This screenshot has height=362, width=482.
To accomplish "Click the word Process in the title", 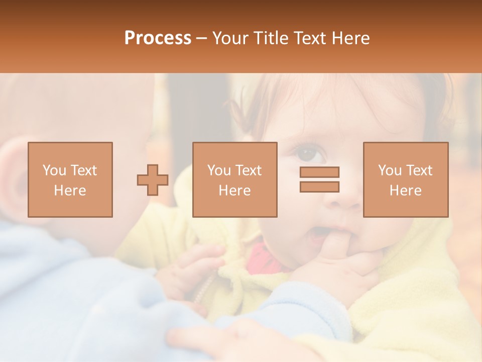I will click(x=158, y=38).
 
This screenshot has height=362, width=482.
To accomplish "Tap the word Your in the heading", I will click(x=231, y=38).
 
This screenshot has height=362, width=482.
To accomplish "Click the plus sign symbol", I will click(x=153, y=180).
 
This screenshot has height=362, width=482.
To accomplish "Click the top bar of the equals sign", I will click(x=319, y=172).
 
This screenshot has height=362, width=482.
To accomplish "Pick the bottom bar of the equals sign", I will click(x=319, y=187).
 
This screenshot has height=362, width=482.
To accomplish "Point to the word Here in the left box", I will click(x=70, y=191).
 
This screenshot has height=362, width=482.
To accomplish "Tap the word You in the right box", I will click(x=390, y=170).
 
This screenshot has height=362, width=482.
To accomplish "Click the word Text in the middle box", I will click(x=249, y=170).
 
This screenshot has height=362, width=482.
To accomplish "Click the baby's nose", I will click(x=341, y=199).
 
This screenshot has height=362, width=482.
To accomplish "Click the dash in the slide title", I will click(x=202, y=38).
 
